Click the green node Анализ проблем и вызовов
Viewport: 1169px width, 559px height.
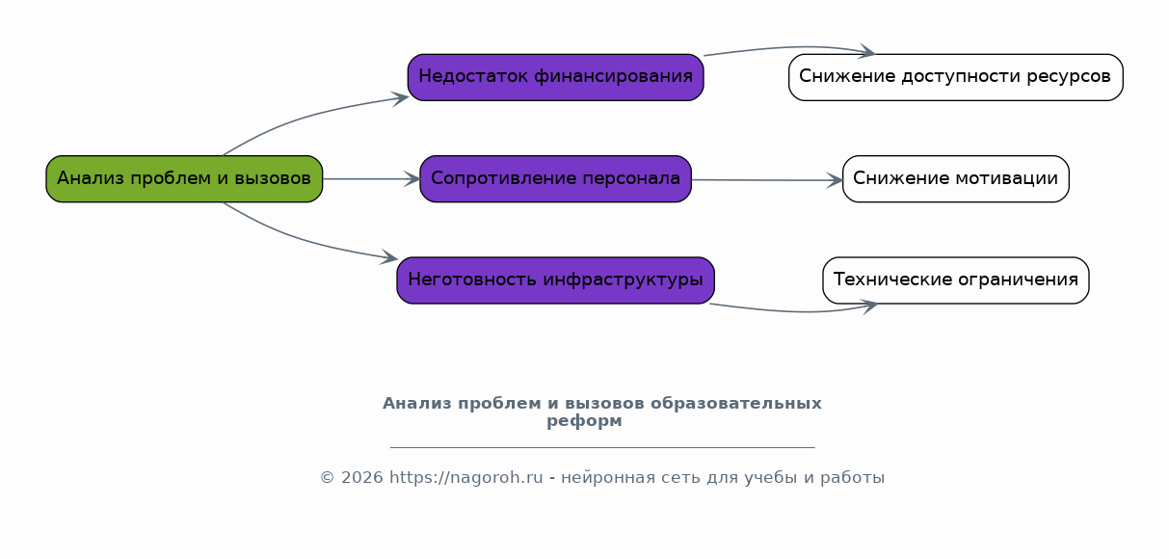pos(184,178)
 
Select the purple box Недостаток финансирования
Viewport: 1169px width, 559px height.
pos(556,77)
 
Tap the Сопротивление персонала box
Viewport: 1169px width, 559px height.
pos(556,178)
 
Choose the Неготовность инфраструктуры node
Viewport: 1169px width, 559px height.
pos(556,280)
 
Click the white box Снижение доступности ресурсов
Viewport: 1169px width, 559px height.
pos(956,77)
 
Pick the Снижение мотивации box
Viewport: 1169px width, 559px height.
pos(956,178)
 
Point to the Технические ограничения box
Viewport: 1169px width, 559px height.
pos(956,280)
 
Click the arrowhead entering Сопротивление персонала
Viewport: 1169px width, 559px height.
pos(412,179)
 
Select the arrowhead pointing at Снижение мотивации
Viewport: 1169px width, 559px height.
pos(835,180)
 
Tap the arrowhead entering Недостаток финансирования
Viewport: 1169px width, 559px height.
pos(400,97)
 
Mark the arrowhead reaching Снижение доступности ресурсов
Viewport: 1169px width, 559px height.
pos(866,51)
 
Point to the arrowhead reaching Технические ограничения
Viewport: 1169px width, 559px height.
pos(869,306)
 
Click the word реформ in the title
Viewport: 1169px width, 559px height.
pos(584,420)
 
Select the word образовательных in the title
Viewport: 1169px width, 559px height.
pos(736,404)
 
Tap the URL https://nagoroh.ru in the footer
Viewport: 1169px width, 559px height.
pos(466,478)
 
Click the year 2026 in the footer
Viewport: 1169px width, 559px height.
pos(362,478)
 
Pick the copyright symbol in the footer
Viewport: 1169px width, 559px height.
pos(328,478)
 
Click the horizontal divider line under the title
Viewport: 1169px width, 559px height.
pos(602,447)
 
